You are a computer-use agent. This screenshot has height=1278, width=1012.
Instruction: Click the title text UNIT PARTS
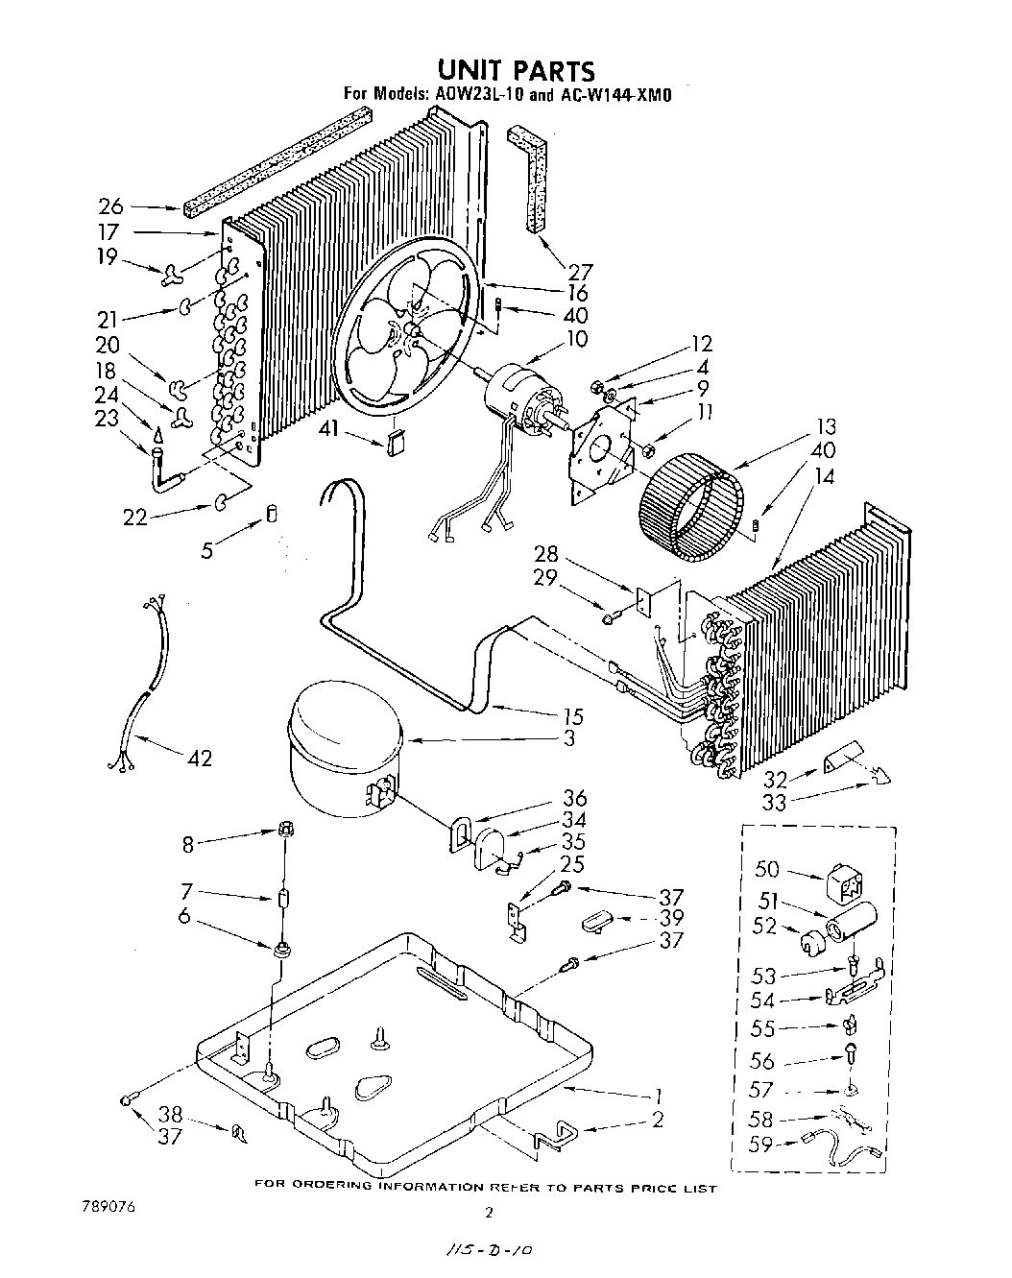(517, 70)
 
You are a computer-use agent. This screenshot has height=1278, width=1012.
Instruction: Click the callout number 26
(111, 205)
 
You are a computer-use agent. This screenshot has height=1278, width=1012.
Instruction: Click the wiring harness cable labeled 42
(144, 682)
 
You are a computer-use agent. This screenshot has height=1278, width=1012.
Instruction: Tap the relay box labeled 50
(844, 882)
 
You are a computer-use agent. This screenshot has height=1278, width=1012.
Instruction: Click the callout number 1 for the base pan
(659, 1093)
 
